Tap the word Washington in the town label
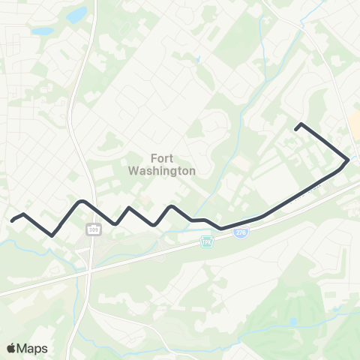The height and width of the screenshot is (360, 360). click(x=162, y=170)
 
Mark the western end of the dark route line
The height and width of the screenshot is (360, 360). click(x=12, y=220)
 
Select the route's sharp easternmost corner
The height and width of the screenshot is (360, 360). click(x=347, y=160)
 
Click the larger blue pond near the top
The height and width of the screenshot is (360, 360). click(x=76, y=15)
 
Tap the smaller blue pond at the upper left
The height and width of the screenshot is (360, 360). click(x=42, y=32)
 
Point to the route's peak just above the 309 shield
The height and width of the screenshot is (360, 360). click(x=81, y=201)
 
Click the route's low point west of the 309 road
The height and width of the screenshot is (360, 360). click(x=52, y=235)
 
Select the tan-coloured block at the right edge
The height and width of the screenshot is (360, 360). click(x=354, y=120)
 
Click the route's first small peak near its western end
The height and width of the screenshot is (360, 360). click(x=25, y=214)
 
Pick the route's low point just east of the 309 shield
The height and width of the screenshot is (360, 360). click(x=115, y=223)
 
